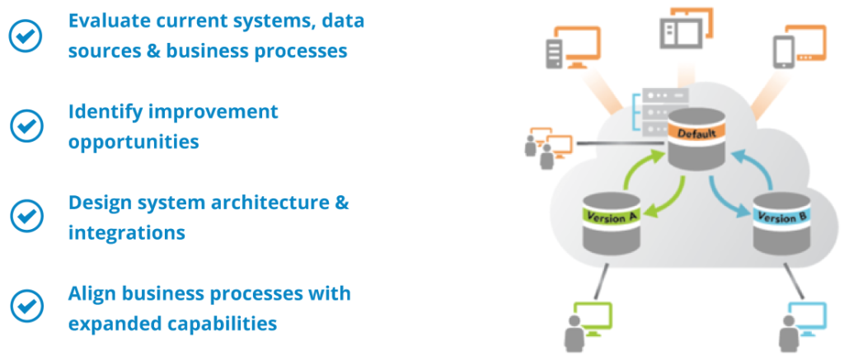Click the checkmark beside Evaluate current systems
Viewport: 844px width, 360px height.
click(26, 35)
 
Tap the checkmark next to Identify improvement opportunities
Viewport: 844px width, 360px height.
click(26, 125)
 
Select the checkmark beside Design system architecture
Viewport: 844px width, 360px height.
click(26, 216)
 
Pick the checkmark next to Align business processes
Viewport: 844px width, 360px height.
click(26, 306)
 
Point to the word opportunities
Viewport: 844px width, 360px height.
click(134, 142)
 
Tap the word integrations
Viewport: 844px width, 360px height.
click(126, 233)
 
